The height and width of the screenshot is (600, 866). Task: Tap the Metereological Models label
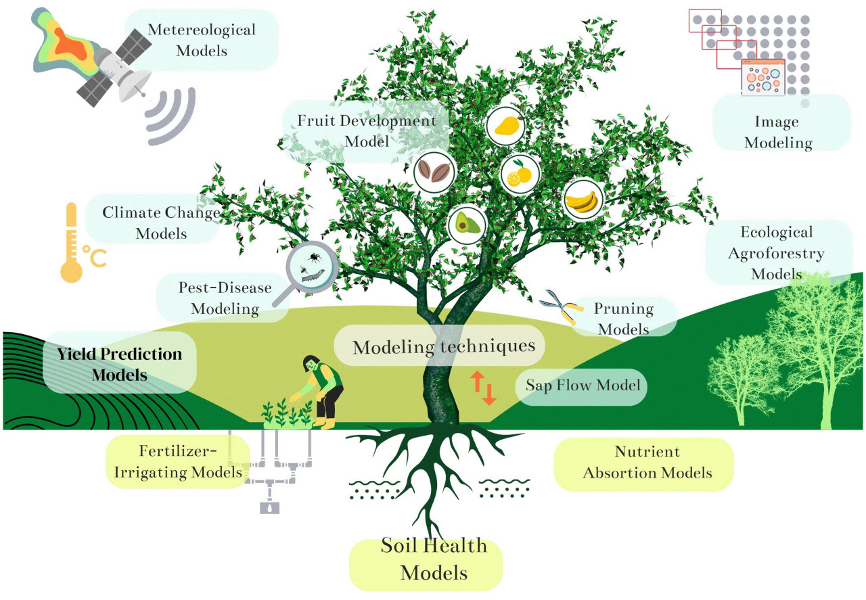pos(201,39)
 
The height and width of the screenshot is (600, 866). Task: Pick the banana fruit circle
pos(583,199)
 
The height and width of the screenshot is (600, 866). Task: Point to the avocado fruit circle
pos(468,221)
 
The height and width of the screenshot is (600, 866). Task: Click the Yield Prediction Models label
pos(119,363)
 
